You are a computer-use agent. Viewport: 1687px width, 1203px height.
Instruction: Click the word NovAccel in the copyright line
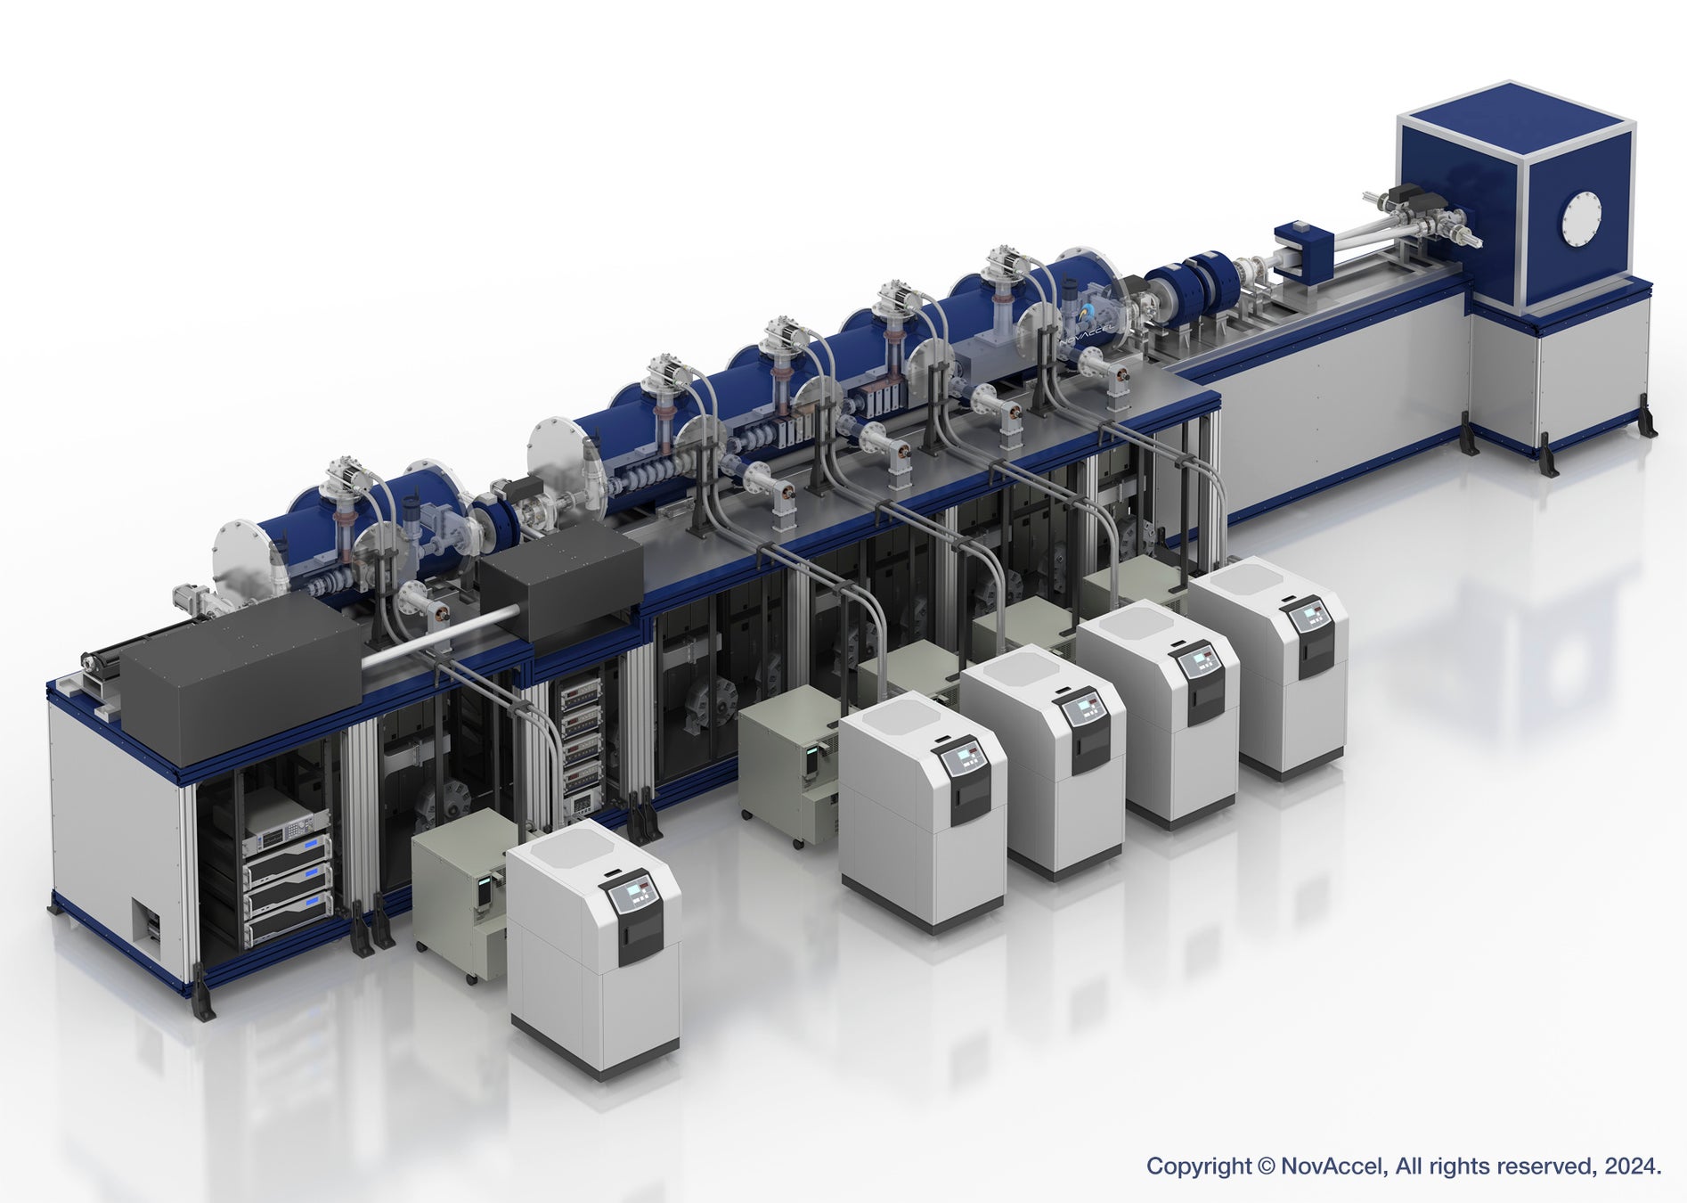(1332, 1166)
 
